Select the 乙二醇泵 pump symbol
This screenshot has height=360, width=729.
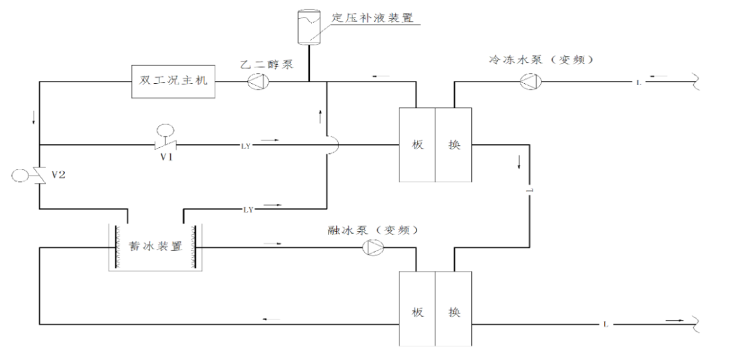pos(257,82)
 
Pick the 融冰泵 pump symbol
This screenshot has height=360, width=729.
pos(372,248)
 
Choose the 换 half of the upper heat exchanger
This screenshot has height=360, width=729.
pos(454,145)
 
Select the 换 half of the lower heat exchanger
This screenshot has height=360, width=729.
pos(454,311)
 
